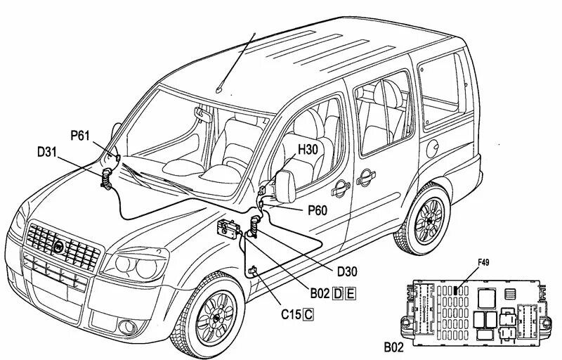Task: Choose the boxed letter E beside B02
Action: [350, 294]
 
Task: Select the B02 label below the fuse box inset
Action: [394, 347]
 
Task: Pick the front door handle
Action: [340, 185]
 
